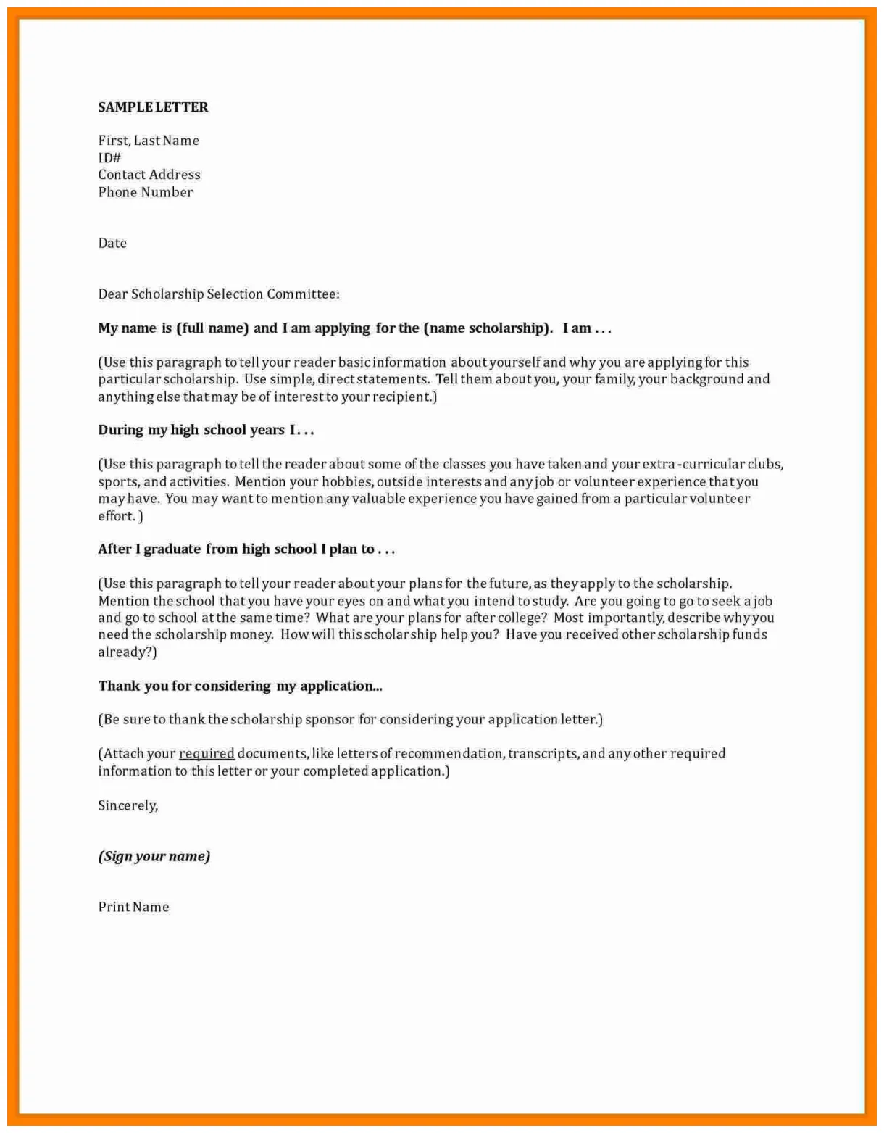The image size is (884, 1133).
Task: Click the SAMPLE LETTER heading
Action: [153, 107]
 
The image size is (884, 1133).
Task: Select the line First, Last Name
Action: [149, 141]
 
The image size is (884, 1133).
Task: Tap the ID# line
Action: [109, 158]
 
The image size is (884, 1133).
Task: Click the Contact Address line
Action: [149, 175]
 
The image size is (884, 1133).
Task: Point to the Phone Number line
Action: [146, 192]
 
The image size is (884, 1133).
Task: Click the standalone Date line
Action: [112, 244]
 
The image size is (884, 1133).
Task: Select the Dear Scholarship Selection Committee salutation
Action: [218, 294]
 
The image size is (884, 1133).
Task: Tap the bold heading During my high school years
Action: [206, 430]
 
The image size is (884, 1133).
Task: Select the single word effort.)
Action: [120, 516]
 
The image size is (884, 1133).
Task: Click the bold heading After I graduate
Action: [246, 549]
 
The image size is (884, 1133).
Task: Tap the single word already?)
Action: [127, 652]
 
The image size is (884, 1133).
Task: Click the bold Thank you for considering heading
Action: [240, 686]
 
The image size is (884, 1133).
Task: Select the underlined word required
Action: [207, 754]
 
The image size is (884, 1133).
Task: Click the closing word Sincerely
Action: [128, 805]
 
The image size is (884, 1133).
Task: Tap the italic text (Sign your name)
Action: [154, 856]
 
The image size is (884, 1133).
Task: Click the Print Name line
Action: [133, 907]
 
